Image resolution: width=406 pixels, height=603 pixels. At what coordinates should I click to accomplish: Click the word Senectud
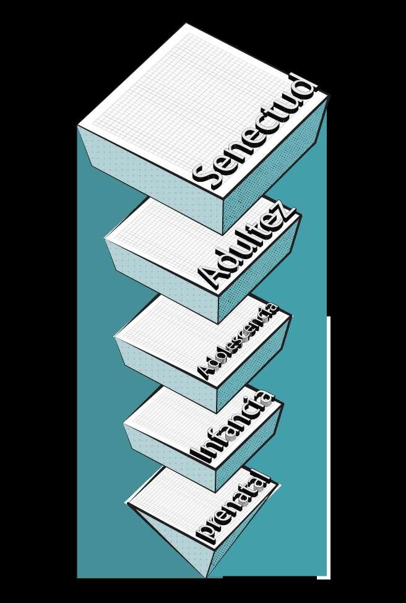pyautogui.click(x=255, y=132)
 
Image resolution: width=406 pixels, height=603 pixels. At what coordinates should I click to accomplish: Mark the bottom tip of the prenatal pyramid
pyautogui.click(x=206, y=577)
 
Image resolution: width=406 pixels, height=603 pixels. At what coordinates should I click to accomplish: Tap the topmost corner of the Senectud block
pyautogui.click(x=186, y=24)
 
